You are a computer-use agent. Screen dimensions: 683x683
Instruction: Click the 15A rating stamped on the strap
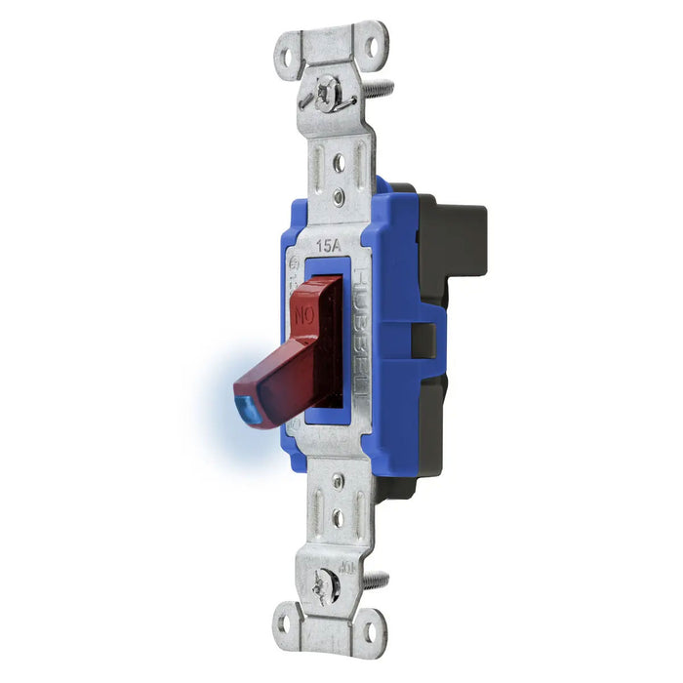330,247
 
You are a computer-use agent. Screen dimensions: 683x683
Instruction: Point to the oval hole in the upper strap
338,163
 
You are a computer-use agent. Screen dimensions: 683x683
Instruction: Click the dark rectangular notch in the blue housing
423,341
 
